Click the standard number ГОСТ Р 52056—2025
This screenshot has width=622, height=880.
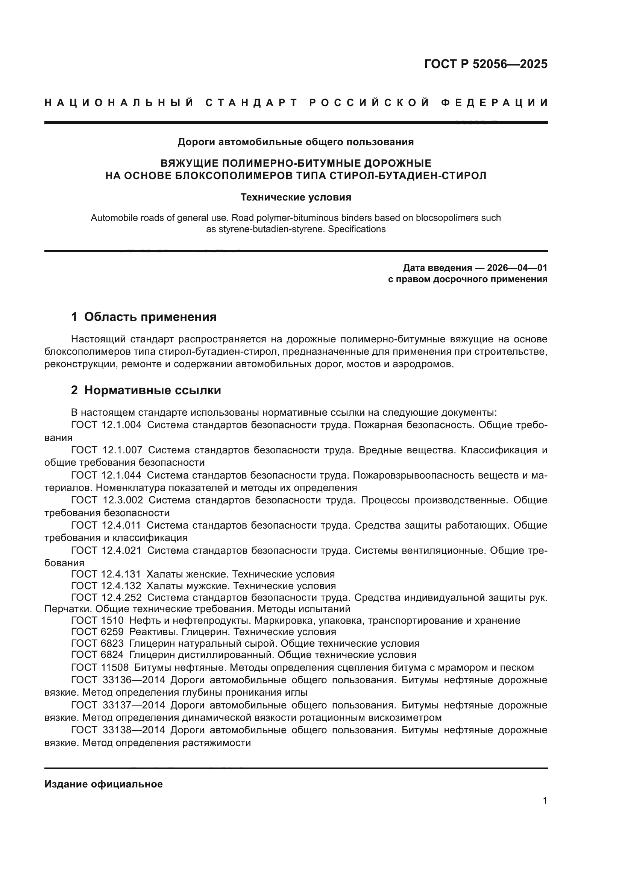485,64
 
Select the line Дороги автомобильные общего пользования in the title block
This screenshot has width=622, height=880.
295,142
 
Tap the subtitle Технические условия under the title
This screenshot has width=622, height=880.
296,198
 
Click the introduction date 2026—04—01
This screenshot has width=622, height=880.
517,267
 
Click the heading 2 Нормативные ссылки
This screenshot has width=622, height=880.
146,390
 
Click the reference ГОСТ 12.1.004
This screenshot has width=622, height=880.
106,425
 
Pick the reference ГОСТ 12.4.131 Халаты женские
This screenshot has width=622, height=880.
203,574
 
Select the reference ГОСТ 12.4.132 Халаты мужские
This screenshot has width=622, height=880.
203,586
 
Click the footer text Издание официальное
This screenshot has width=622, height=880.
103,784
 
